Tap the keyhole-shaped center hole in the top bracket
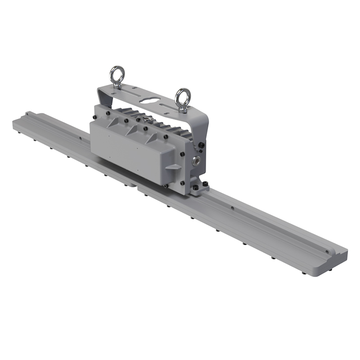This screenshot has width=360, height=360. pyautogui.click(x=149, y=98)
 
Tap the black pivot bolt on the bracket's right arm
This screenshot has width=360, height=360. pyautogui.click(x=201, y=145)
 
